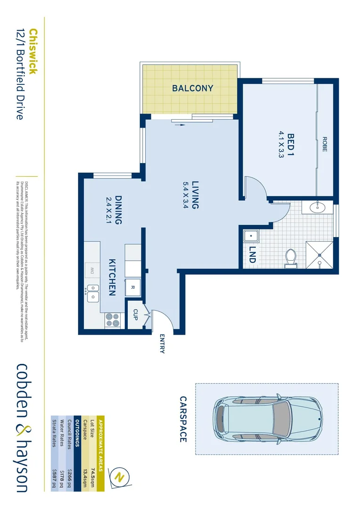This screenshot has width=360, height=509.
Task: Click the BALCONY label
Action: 192,88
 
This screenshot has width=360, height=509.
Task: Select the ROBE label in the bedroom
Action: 325,144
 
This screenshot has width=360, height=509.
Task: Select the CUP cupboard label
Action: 135,314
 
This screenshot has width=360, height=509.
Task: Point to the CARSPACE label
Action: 183,419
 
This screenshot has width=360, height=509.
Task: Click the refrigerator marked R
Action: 133,287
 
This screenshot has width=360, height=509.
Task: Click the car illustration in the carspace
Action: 267,419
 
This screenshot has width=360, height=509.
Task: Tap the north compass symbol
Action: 119,477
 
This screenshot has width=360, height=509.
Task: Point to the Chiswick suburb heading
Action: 33,52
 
